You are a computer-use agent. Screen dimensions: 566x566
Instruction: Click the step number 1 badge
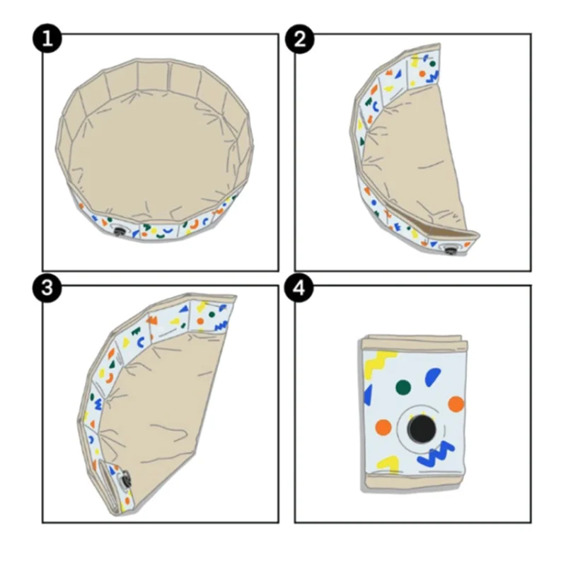point(47,39)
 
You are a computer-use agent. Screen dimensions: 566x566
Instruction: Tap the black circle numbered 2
point(299,39)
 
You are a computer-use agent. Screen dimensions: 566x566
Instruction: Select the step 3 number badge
point(47,288)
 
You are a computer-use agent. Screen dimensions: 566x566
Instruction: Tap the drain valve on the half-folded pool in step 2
point(449,250)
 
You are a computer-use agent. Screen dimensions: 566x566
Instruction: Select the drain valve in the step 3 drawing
point(125,480)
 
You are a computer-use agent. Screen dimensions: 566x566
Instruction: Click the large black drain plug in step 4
point(421,429)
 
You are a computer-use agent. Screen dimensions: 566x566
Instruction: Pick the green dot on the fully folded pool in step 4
point(403,387)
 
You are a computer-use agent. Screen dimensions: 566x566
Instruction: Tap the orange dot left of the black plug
point(383,427)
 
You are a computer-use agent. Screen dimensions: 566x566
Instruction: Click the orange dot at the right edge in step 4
point(456,404)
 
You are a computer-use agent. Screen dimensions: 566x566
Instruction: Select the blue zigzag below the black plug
point(436,454)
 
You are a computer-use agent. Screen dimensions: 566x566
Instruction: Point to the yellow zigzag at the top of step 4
point(379,363)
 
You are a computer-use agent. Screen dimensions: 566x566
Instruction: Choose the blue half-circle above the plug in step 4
point(432,377)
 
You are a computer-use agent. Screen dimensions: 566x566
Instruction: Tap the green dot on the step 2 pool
point(432,64)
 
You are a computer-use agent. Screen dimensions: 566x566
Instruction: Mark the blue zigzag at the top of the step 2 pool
point(432,76)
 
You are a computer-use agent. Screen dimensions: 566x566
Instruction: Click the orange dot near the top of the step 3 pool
point(200,321)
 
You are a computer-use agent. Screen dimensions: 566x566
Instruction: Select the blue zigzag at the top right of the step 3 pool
point(221,326)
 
